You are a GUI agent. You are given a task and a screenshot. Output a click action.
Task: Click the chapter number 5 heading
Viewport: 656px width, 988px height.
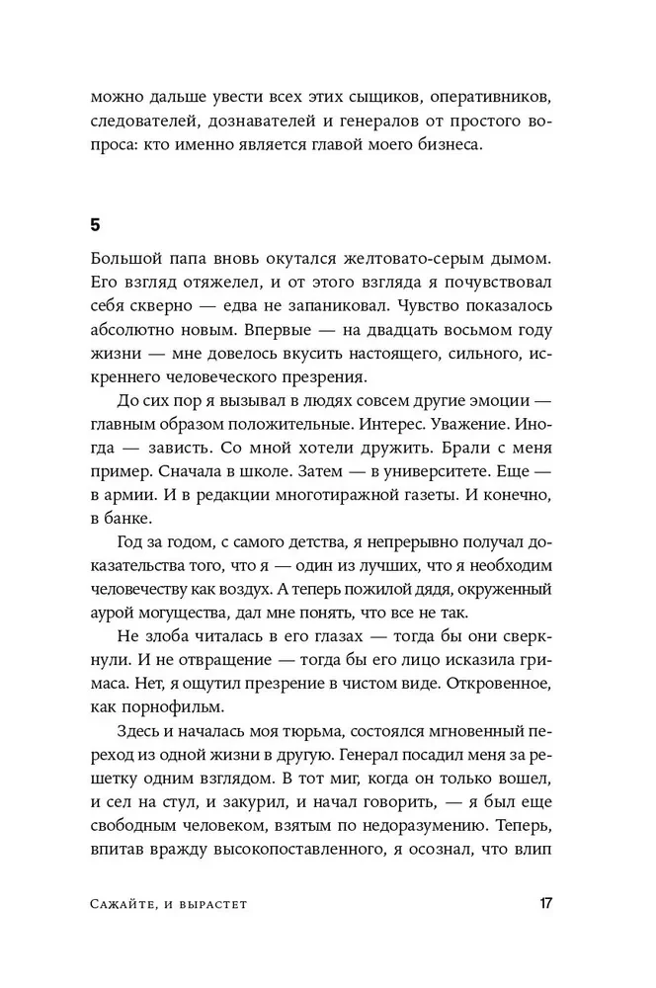95,225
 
